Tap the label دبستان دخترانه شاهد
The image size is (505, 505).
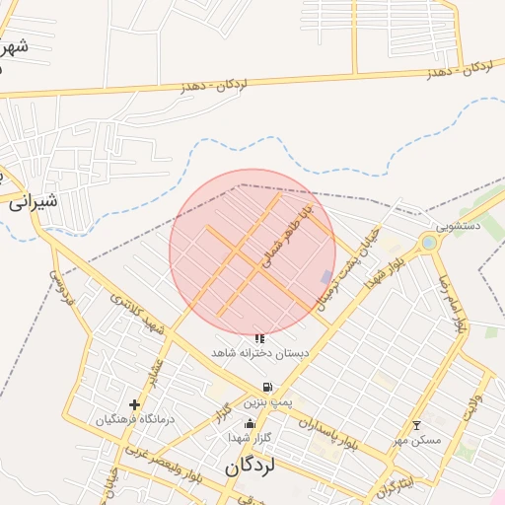(260, 352)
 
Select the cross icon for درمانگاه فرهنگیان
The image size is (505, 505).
(134, 404)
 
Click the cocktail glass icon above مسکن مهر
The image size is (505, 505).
(416, 425)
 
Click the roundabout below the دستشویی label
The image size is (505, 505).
(428, 242)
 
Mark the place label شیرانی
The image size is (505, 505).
(34, 202)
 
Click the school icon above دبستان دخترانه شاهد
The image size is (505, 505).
(259, 338)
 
